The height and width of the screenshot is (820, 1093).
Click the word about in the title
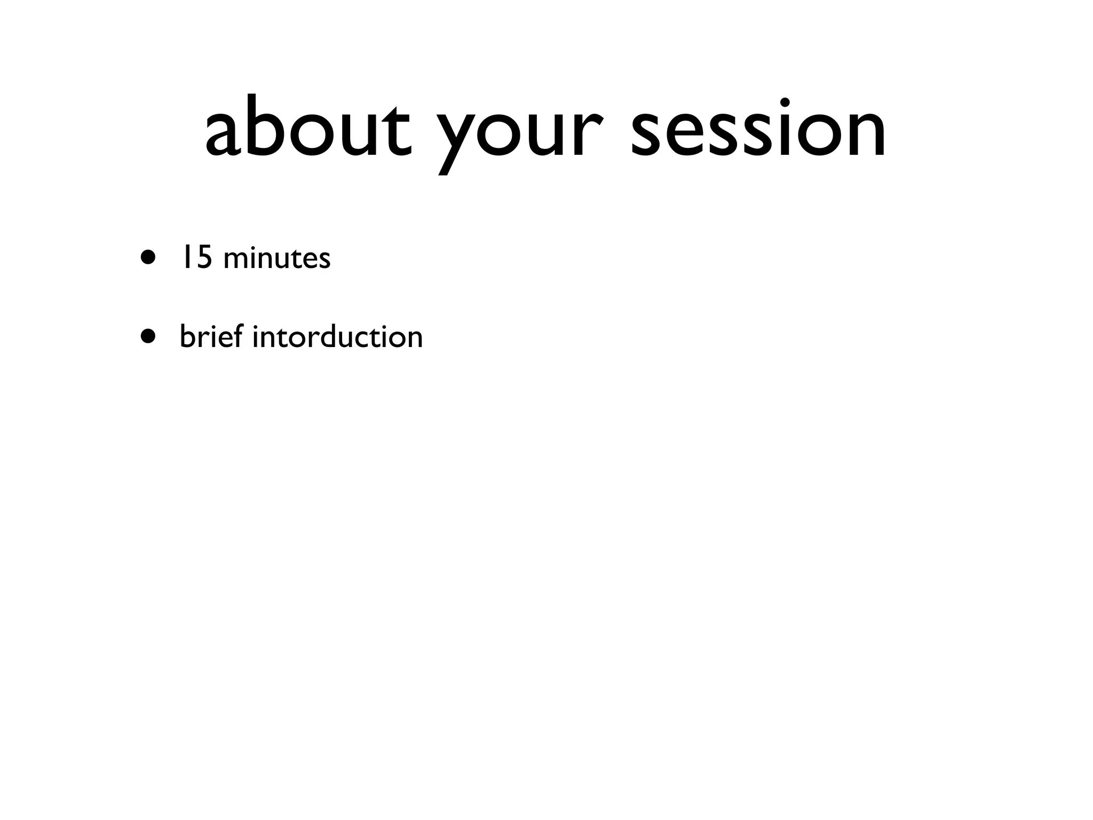[x=308, y=128]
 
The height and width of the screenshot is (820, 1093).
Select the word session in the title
[x=758, y=128]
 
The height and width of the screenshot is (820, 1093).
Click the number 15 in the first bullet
[x=195, y=258]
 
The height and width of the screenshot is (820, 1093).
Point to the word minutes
[x=277, y=259]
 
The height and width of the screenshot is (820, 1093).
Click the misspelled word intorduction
[x=337, y=336]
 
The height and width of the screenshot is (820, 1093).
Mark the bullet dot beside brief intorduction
[x=149, y=336]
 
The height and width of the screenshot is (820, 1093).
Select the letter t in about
[x=398, y=128]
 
